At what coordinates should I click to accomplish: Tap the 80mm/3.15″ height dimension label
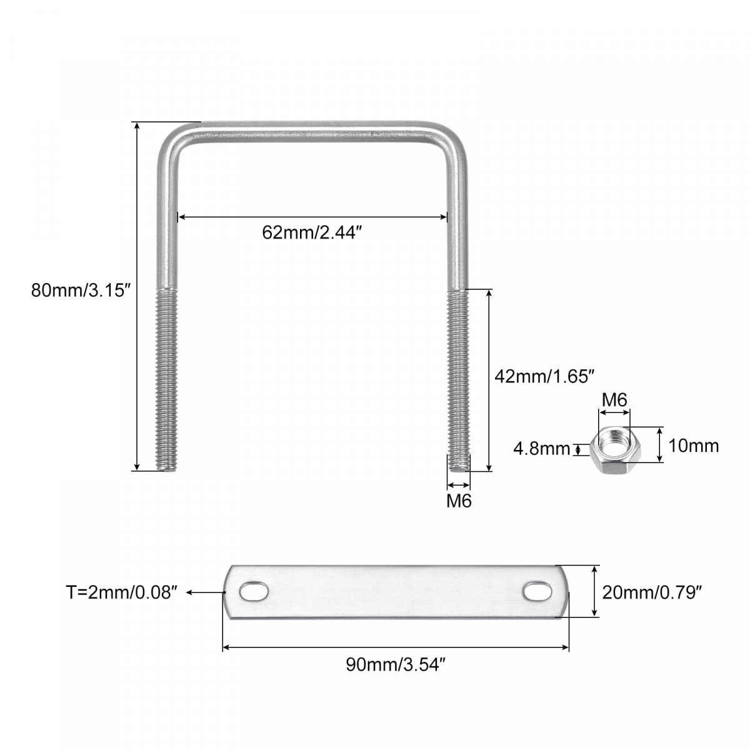(x=81, y=291)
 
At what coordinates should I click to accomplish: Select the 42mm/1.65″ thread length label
(x=544, y=376)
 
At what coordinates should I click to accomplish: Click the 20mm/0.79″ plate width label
(x=652, y=592)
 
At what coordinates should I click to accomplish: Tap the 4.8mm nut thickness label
(x=541, y=449)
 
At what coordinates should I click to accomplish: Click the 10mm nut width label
(x=694, y=446)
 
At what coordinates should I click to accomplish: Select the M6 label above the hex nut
(x=614, y=400)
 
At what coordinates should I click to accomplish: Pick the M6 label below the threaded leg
(x=459, y=501)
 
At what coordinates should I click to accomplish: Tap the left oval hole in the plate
(x=254, y=592)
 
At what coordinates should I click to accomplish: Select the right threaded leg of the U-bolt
(x=459, y=379)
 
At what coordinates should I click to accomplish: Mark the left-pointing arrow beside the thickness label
(x=206, y=592)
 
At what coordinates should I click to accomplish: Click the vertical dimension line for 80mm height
(x=137, y=296)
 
